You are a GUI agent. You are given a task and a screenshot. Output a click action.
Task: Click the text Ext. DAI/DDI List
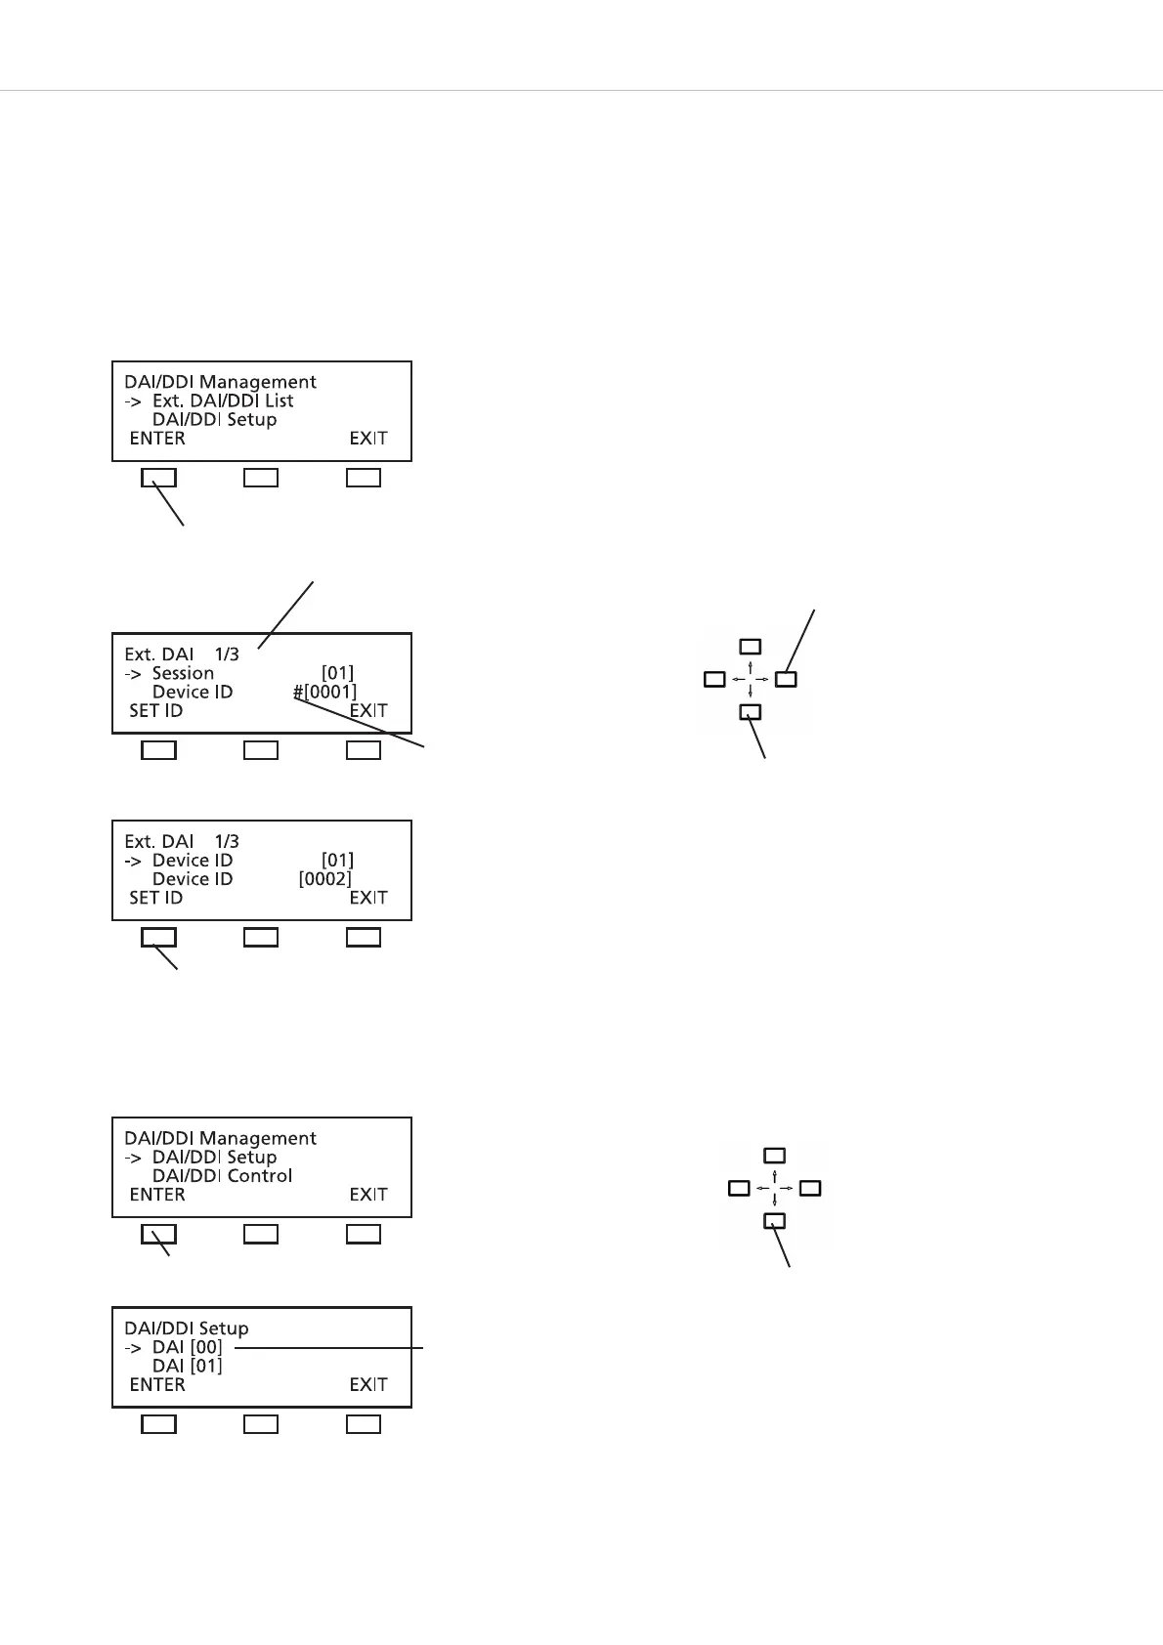pos(223,401)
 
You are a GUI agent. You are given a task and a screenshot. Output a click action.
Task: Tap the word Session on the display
pos(183,673)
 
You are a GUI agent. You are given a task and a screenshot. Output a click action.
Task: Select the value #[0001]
pos(324,692)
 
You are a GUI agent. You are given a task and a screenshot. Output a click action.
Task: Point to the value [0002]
pos(324,879)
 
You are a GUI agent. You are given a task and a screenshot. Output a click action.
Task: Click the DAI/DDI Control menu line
pos(222,1176)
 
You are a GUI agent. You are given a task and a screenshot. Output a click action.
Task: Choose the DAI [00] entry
pos(187,1347)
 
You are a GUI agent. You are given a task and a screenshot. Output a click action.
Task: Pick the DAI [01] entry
pos(187,1366)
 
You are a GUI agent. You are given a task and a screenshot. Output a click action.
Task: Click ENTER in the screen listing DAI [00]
pos(157,1384)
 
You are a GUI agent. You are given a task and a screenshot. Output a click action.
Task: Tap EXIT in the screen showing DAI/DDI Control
pos(368,1195)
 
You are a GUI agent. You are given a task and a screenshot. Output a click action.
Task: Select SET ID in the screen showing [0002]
pos(156,898)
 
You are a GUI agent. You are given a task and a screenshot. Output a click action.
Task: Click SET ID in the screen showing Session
pos(156,711)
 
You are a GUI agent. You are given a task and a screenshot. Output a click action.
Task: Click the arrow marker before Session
pos(132,673)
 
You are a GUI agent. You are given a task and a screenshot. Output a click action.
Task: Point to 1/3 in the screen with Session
pos(227,654)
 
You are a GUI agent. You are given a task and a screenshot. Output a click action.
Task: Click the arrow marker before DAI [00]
pos(132,1347)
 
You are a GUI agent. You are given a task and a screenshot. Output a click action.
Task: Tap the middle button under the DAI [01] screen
pos(261,1424)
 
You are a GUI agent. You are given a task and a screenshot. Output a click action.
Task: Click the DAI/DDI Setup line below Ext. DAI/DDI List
pos(214,419)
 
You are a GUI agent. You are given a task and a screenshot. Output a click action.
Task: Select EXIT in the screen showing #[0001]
pos(368,711)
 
